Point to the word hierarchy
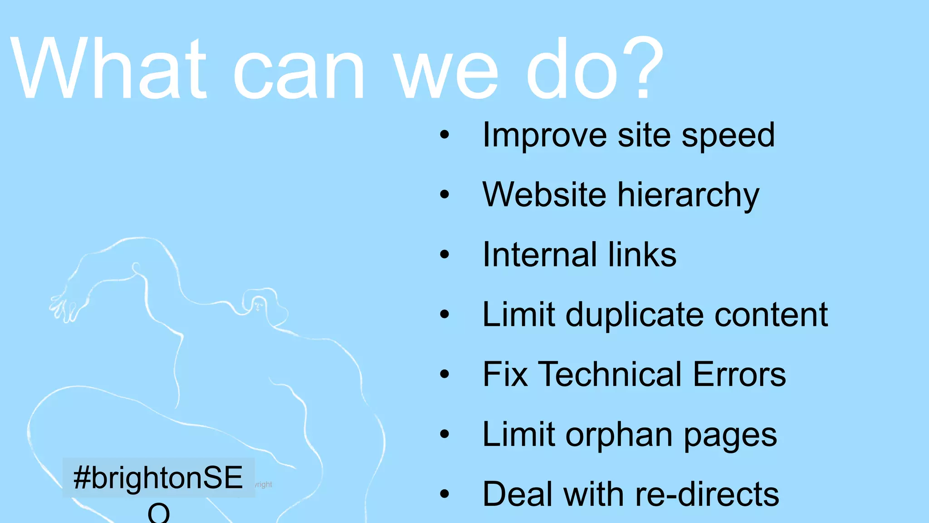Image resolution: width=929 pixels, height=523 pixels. tap(688, 196)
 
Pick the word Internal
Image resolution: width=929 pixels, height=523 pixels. tap(539, 254)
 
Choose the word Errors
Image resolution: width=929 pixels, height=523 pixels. tap(739, 375)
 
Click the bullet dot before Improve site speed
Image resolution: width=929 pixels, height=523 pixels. tap(445, 135)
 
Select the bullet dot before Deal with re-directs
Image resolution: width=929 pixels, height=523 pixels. tap(445, 494)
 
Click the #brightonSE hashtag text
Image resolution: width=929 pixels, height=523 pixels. tap(158, 478)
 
